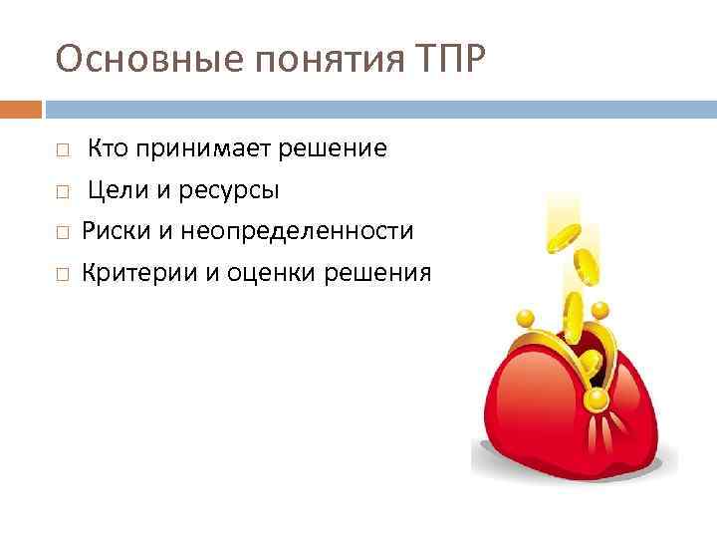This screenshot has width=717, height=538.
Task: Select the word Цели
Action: coord(114,190)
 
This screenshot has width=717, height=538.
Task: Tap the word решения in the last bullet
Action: coord(385,272)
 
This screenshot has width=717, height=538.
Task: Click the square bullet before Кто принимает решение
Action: coord(62,150)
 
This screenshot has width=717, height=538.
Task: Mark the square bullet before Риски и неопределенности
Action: coord(62,232)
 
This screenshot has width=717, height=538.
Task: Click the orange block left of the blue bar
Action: coord(21,108)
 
